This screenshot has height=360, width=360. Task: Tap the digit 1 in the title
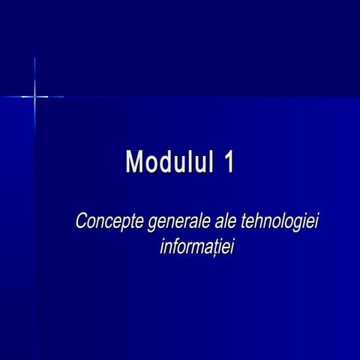(x=227, y=161)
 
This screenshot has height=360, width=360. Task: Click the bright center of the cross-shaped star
(x=34, y=96)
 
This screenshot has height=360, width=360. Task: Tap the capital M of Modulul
(x=135, y=161)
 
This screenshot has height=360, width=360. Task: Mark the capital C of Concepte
(x=81, y=222)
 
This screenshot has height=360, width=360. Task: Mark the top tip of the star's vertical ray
(x=34, y=58)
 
